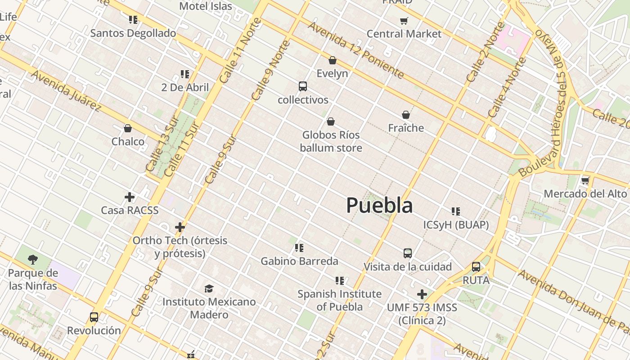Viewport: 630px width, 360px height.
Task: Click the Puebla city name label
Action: click(x=379, y=205)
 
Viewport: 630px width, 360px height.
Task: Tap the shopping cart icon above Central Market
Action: click(x=404, y=21)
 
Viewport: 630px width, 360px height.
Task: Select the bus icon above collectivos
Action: click(x=303, y=86)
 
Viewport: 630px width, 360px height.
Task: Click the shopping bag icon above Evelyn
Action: click(x=333, y=60)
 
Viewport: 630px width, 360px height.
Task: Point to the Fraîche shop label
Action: click(x=406, y=128)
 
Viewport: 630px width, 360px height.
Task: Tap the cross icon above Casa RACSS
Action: click(x=130, y=197)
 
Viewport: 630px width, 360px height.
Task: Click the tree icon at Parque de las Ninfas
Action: click(x=32, y=259)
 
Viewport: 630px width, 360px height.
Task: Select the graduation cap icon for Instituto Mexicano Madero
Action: click(x=209, y=288)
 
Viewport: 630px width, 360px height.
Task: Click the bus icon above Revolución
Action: click(x=94, y=317)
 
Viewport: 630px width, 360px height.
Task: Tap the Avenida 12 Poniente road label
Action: click(x=355, y=49)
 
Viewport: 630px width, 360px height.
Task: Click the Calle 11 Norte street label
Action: click(x=240, y=50)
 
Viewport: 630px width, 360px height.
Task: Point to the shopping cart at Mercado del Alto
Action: click(x=585, y=181)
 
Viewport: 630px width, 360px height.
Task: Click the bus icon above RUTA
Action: click(x=476, y=267)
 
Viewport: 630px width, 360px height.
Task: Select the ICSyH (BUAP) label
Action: click(x=456, y=225)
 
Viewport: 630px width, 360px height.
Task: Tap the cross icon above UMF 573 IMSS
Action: click(x=422, y=294)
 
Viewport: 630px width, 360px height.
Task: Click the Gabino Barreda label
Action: click(x=299, y=261)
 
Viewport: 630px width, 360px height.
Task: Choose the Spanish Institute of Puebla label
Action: click(x=339, y=300)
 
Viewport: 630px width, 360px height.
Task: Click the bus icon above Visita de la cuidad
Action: click(x=408, y=253)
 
